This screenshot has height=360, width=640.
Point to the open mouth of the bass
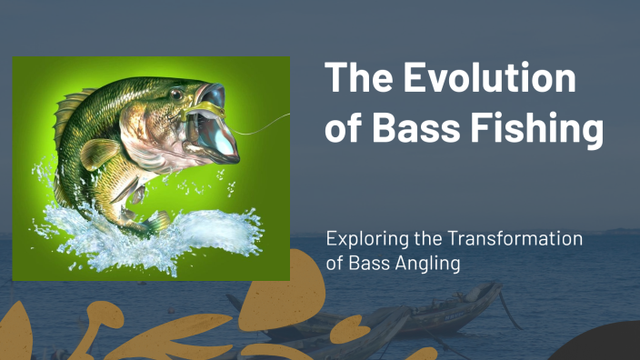click(218, 118)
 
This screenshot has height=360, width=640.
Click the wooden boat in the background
click(436, 314)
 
